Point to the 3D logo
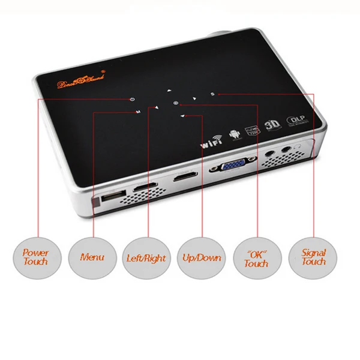click(272, 125)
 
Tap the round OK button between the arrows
click(175, 103)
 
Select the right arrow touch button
click(194, 98)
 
